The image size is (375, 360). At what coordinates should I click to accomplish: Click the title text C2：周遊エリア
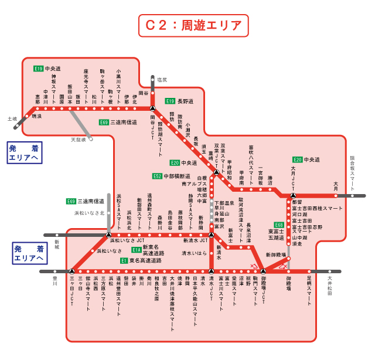[x=193, y=25]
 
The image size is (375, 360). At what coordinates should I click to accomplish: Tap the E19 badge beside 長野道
[x=170, y=101]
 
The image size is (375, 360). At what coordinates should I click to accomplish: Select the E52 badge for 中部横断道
[x=157, y=176]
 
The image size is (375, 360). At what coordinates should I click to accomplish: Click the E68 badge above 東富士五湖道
[x=279, y=225]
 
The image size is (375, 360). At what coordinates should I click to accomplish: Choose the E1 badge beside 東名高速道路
[x=124, y=260]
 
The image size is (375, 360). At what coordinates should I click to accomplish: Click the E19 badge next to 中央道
[x=38, y=69]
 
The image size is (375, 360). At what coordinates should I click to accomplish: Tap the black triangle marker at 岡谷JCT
[x=152, y=108]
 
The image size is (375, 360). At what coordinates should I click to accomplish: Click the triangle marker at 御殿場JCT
[x=263, y=271]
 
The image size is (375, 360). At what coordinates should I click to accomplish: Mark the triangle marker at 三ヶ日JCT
[x=71, y=271]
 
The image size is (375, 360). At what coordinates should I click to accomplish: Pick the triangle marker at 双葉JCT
[x=216, y=172]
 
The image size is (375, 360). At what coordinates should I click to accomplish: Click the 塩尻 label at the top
[x=161, y=79]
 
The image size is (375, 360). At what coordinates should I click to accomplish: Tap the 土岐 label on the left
[x=12, y=118]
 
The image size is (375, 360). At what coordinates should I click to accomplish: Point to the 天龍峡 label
[x=78, y=140]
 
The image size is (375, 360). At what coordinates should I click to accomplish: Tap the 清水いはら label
[x=195, y=253]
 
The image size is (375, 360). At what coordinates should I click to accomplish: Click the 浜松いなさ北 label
[x=89, y=213]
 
